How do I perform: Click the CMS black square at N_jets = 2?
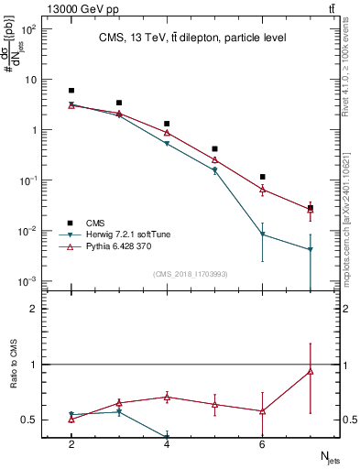coord(71,91)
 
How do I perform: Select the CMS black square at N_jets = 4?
coord(167,124)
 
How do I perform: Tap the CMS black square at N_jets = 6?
coord(262,177)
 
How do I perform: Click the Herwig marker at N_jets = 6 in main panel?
coord(262,234)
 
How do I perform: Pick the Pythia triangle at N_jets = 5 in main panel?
coord(214,160)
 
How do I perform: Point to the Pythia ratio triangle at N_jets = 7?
coord(310,371)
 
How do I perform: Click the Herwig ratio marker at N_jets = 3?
coord(119,412)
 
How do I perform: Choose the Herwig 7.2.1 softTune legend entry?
coord(123,234)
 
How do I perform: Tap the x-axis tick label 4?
coord(167,444)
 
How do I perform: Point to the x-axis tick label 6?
coord(262,444)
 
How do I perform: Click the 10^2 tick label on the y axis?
coord(28,29)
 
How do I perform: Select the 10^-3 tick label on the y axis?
coord(28,281)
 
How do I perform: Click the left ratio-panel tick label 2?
coord(34,309)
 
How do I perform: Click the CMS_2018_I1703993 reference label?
coord(190,274)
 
